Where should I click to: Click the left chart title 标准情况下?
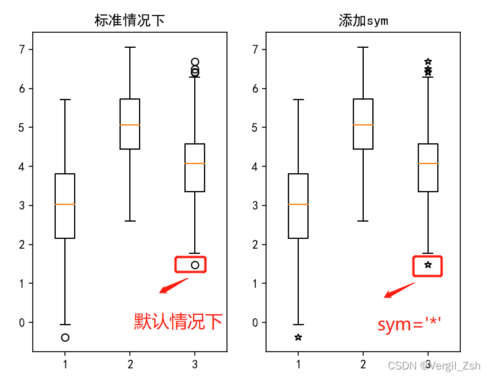[x=130, y=21]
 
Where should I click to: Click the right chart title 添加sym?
[x=363, y=21]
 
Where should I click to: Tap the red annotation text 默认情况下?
[x=178, y=321]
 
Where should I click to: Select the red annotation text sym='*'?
[x=409, y=324]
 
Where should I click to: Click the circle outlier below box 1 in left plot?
[x=65, y=337]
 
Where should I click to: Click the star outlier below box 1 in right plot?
[x=298, y=337]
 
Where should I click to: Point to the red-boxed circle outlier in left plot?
[x=195, y=265]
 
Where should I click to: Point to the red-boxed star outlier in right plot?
[x=428, y=265]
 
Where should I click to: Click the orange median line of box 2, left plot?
[x=130, y=125]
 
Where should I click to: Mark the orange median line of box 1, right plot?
[x=298, y=204]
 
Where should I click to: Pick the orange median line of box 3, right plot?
[x=428, y=163]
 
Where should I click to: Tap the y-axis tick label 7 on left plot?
[x=22, y=49]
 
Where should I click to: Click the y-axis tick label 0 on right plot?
[x=255, y=322]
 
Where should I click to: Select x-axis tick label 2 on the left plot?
[x=130, y=364]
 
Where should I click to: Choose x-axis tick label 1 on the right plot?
[x=298, y=364]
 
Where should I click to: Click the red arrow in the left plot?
[x=173, y=285]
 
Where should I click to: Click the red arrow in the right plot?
[x=399, y=290]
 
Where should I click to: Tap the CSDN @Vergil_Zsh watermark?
[x=434, y=365]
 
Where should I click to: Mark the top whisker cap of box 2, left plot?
[x=130, y=47]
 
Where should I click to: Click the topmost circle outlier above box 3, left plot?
[x=195, y=62]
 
